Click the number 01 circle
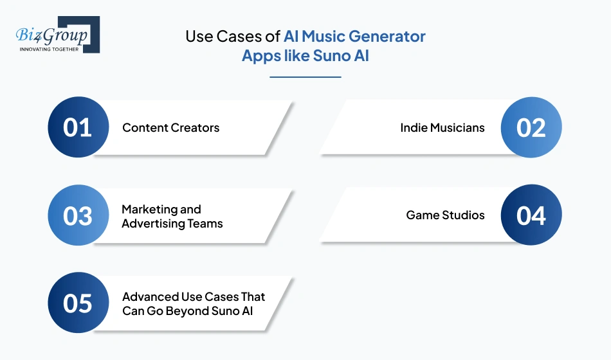pyautogui.click(x=78, y=127)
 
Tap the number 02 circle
pyautogui.click(x=531, y=127)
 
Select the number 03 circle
pyautogui.click(x=78, y=215)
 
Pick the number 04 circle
pyautogui.click(x=531, y=215)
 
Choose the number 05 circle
pyautogui.click(x=78, y=303)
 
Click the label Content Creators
pyautogui.click(x=170, y=127)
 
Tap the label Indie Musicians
pyautogui.click(x=442, y=127)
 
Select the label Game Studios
pyautogui.click(x=445, y=215)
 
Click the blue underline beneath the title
pyautogui.click(x=305, y=77)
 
